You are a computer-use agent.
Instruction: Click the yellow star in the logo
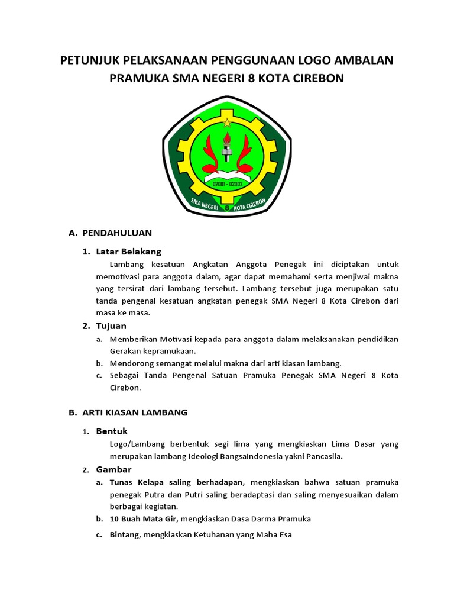pyautogui.click(x=227, y=123)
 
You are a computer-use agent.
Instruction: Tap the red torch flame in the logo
pyautogui.click(x=227, y=138)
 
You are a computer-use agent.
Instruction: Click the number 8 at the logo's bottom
pyautogui.click(x=227, y=208)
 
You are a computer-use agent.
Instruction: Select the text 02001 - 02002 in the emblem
pyautogui.click(x=227, y=185)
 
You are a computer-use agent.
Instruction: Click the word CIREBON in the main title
pyautogui.click(x=317, y=79)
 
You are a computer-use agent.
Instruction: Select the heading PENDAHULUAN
pyautogui.click(x=117, y=233)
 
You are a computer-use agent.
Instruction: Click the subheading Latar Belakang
pyautogui.click(x=128, y=252)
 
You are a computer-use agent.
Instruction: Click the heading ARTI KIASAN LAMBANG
pyautogui.click(x=135, y=412)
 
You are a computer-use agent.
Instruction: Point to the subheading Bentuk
pyautogui.click(x=112, y=431)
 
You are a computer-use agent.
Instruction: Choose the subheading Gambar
pyautogui.click(x=113, y=469)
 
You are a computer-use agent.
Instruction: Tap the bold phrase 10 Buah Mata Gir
pyautogui.click(x=143, y=518)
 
